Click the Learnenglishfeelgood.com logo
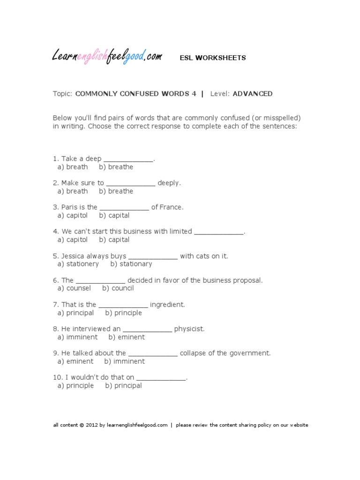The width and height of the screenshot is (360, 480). (107, 57)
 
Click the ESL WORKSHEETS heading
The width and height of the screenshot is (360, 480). (213, 58)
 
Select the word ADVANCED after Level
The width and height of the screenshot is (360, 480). (252, 94)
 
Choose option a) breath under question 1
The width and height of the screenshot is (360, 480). (73, 167)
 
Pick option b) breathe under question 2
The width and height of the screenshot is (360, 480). (116, 191)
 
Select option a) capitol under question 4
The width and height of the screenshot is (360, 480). (73, 240)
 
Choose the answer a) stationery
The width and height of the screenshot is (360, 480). (78, 264)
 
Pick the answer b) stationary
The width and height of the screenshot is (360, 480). (131, 264)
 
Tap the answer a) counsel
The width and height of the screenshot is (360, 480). (74, 288)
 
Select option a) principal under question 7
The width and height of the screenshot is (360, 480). (75, 313)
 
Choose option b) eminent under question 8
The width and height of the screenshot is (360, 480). (127, 337)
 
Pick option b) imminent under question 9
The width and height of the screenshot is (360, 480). (124, 361)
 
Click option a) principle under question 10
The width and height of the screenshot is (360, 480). (75, 386)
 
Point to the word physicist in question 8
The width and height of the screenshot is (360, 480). (189, 329)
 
